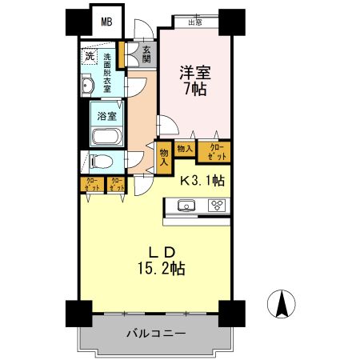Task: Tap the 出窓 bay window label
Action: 194,23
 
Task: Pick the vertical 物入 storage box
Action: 163,156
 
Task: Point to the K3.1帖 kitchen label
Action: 201,180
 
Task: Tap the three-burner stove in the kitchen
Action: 217,206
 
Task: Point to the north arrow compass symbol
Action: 282,305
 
